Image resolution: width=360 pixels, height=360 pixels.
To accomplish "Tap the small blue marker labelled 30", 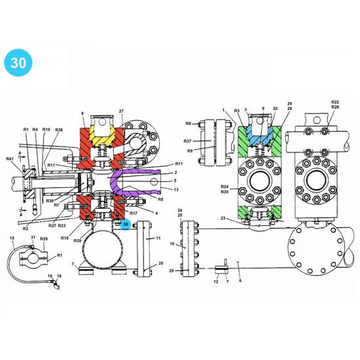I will pyautogui.click(x=125, y=224).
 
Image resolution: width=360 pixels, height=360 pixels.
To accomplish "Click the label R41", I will pyautogui.click(x=10, y=159).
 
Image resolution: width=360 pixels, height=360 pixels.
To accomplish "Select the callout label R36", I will pyautogui.click(x=59, y=130).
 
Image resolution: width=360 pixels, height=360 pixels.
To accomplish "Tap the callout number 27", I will pyautogui.click(x=120, y=112).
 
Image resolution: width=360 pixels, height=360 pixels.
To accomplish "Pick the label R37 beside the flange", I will pyautogui.click(x=187, y=141).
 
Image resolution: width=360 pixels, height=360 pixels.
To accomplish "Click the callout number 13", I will pyautogui.click(x=176, y=189).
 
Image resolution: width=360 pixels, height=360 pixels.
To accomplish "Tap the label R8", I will pyautogui.click(x=188, y=123).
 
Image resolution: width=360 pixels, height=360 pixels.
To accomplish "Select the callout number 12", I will pyautogui.click(x=216, y=281).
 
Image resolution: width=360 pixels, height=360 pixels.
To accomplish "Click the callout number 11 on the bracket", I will pyautogui.click(x=158, y=240).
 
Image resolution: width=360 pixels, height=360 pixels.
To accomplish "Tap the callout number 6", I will pyautogui.click(x=240, y=280).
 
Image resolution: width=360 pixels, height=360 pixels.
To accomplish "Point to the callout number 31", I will pyautogui.click(x=33, y=238).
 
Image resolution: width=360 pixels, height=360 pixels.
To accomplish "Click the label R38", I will pyautogui.click(x=50, y=200).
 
